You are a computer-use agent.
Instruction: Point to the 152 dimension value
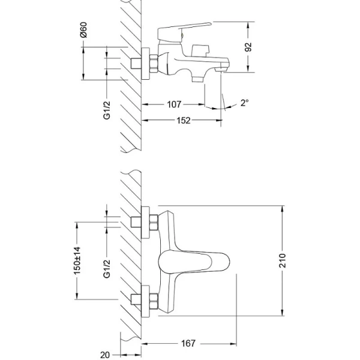pos(184,121)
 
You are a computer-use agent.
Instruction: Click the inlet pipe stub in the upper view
pos(136,62)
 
